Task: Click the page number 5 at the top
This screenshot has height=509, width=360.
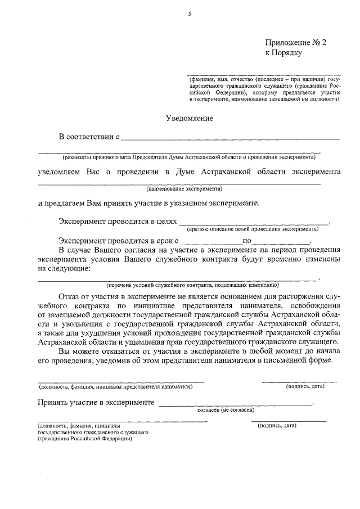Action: point(190,13)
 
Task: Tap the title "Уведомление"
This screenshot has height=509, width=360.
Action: point(189,118)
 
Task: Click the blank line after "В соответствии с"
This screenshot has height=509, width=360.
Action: point(231,137)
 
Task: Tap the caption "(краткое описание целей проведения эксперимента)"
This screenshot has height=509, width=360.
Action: point(253,229)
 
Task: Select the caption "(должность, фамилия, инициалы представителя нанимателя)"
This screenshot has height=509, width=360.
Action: point(115,386)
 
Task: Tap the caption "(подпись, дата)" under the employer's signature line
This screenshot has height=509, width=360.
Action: point(304,386)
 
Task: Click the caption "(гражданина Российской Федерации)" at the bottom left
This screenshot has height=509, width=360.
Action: point(85,439)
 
